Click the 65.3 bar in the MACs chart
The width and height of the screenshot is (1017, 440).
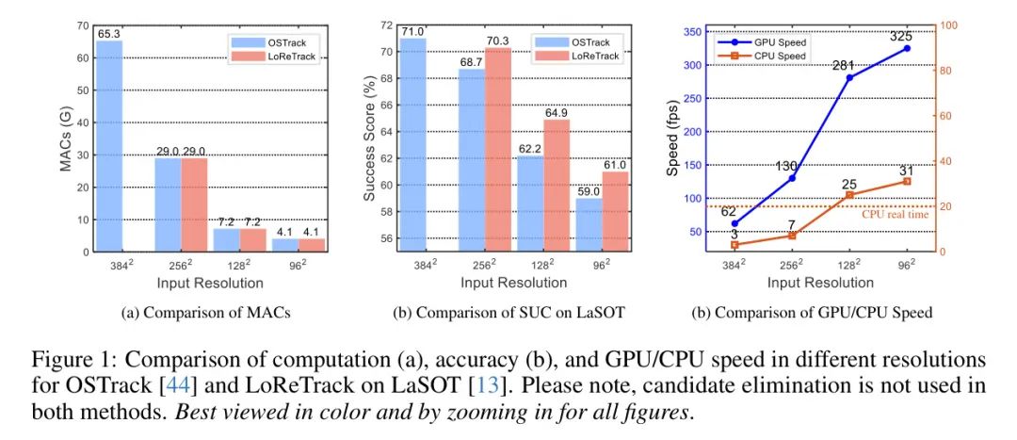(x=109, y=146)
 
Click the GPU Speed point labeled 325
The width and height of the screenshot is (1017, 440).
(x=907, y=48)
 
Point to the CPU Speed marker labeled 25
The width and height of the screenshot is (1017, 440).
(x=849, y=195)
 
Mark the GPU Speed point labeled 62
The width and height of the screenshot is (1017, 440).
(x=734, y=223)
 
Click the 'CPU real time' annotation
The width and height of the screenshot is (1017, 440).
(x=896, y=215)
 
